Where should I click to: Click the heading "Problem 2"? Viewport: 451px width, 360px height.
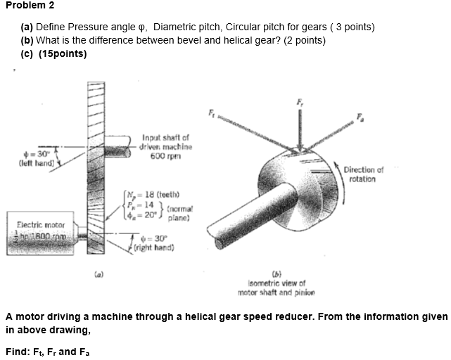tap(30, 5)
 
